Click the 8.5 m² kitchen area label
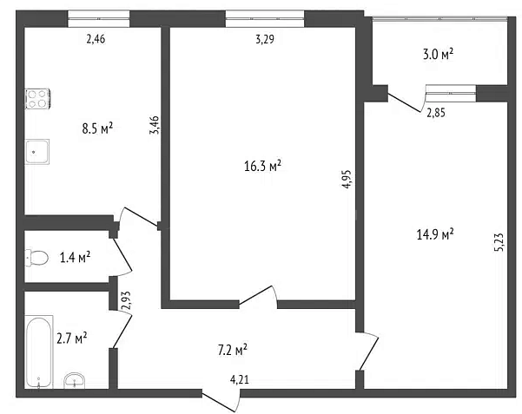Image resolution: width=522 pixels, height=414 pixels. tap(97, 128)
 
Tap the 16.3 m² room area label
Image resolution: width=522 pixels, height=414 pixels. tap(262, 166)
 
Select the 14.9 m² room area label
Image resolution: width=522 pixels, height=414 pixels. tap(435, 234)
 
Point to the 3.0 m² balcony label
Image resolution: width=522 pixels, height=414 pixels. tap(438, 54)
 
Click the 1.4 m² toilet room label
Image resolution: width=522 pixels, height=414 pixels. tap(76, 257)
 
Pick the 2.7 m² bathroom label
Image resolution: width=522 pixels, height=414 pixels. tap(72, 338)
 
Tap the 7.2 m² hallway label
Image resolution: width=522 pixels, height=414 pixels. tap(233, 350)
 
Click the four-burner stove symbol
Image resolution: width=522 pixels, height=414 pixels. tap(37, 99)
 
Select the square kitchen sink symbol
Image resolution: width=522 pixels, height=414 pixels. tap(37, 152)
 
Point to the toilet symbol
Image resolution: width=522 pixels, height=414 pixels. tap(37, 258)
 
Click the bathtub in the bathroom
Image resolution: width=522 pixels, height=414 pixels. tap(39, 352)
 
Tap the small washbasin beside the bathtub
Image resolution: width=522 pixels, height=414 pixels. tap(74, 381)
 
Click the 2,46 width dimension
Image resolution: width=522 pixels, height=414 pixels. tap(96, 39)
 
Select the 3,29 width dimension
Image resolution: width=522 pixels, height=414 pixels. tap(265, 40)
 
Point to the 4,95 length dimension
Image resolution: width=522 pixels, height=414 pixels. tap(347, 180)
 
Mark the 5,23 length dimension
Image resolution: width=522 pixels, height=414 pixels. tap(499, 242)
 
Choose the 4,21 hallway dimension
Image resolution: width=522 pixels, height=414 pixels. tap(240, 379)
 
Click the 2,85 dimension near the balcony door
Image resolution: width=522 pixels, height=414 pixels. tap(436, 113)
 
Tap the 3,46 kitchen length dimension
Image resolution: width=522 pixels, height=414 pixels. tap(154, 125)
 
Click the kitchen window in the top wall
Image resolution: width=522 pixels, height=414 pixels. tap(99, 18)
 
